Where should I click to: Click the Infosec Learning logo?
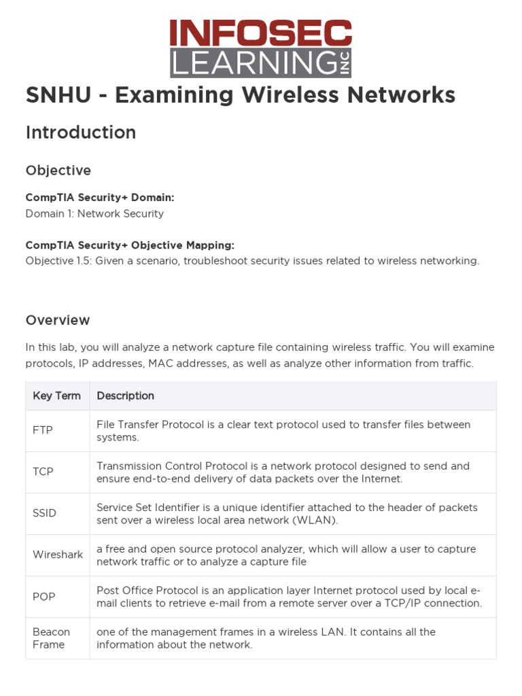coord(261,48)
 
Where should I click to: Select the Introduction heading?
coord(81,133)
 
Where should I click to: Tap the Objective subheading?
coord(58,170)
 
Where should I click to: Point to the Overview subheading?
coord(58,320)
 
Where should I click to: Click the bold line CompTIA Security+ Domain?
coord(100,198)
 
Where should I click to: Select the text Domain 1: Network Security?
coord(94,213)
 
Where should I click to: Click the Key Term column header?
coord(56,396)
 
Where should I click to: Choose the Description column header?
coord(125,396)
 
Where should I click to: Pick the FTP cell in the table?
coord(42,430)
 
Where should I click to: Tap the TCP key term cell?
coord(43,472)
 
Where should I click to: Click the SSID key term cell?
coord(44,513)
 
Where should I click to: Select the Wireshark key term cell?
coord(58,555)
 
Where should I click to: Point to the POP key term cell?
coord(44,597)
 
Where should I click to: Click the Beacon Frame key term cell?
coord(51,638)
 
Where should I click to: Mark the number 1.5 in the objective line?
coord(81,261)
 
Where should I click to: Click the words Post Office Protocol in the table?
coord(147,590)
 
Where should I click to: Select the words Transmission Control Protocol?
coord(165,466)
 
